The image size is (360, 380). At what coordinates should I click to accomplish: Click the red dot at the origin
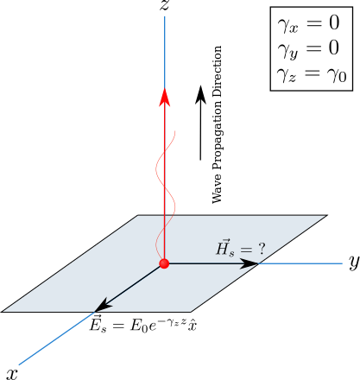(164, 263)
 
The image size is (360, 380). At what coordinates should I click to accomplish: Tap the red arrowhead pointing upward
(164, 97)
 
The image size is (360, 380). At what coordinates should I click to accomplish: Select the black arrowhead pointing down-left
(103, 305)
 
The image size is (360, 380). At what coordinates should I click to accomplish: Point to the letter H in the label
(224, 250)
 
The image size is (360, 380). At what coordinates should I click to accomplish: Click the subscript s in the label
(233, 254)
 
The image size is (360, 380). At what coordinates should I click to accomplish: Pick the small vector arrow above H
(224, 240)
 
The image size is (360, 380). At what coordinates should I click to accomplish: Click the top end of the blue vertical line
(164, 16)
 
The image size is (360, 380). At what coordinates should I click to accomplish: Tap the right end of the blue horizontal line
(343, 263)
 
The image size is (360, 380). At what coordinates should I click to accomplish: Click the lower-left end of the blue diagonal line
(19, 365)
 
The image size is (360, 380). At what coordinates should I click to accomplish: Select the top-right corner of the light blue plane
(325, 216)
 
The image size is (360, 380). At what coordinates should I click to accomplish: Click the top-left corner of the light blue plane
(138, 216)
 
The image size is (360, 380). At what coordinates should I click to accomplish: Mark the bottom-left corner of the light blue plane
(3, 311)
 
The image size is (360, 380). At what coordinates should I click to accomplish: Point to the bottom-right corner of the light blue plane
(191, 311)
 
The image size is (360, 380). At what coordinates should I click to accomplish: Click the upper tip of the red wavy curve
(175, 131)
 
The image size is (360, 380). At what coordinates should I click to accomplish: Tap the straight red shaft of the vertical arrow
(164, 173)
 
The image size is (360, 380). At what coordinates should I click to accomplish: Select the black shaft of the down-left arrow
(134, 284)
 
